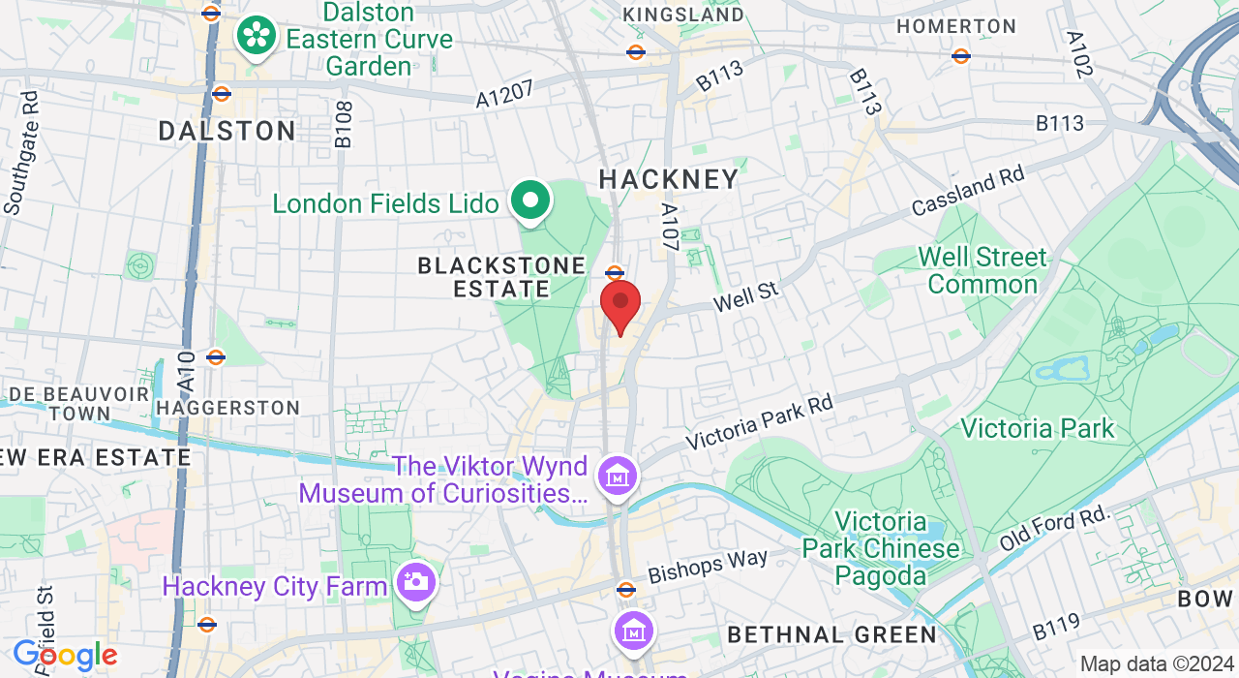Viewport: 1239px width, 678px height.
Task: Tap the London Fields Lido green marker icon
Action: click(x=529, y=201)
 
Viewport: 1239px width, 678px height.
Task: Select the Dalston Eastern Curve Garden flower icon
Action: click(x=257, y=36)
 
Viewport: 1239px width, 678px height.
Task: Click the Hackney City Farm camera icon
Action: click(x=417, y=582)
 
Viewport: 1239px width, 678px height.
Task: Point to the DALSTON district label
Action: click(x=227, y=131)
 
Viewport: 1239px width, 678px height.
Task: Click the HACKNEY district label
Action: click(x=669, y=179)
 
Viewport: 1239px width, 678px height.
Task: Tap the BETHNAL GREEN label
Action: click(x=831, y=635)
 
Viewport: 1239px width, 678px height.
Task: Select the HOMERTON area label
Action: click(x=956, y=27)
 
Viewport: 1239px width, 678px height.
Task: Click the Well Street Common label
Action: click(x=982, y=270)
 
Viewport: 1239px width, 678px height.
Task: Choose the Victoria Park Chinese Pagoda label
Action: click(x=881, y=549)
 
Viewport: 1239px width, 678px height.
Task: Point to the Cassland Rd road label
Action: click(x=967, y=192)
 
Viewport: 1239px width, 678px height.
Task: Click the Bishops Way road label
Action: click(x=708, y=566)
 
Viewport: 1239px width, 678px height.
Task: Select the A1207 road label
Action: click(x=504, y=93)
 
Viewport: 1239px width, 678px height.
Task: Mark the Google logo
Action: click(x=65, y=656)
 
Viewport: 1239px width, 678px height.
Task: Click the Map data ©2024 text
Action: click(x=1157, y=664)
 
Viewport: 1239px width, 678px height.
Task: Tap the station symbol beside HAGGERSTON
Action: click(x=216, y=357)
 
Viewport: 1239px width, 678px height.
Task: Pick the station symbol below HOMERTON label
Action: click(x=961, y=56)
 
